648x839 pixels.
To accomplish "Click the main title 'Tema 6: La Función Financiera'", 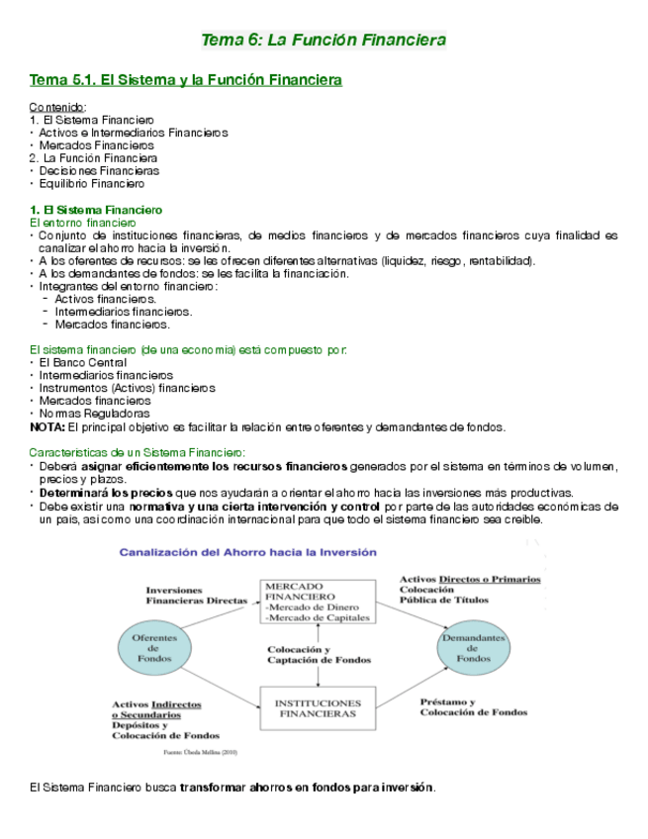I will point(324,40).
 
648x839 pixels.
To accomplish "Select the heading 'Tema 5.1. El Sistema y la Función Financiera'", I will point(186,79).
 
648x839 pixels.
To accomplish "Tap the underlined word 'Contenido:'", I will point(58,107).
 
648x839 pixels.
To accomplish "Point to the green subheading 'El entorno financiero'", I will point(82,223).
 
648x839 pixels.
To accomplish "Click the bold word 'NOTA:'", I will point(47,427).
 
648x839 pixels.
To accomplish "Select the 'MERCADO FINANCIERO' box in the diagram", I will point(317,601).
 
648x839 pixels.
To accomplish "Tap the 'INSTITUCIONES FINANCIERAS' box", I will point(317,706).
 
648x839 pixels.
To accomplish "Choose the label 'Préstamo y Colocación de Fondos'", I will point(473,705).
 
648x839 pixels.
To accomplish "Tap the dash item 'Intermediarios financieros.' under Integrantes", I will point(124,311).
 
